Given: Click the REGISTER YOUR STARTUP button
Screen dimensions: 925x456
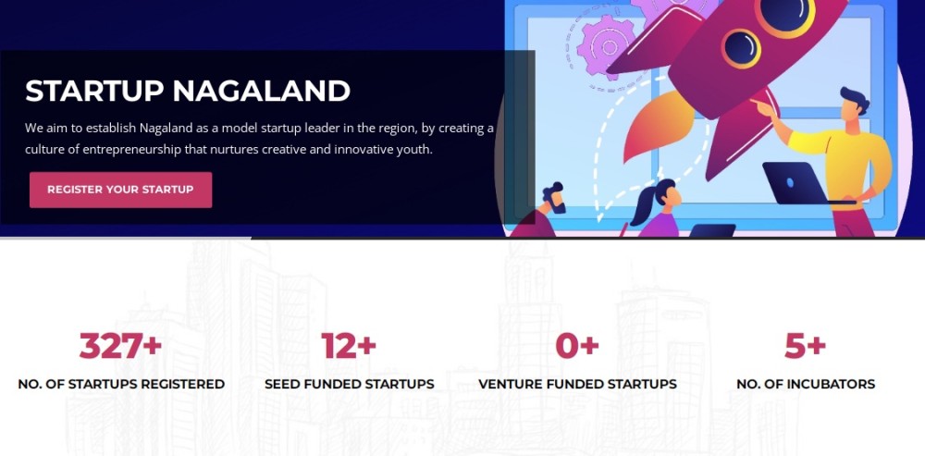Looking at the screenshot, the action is coord(120,190).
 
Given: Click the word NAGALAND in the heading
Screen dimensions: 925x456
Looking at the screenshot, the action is coord(262,91).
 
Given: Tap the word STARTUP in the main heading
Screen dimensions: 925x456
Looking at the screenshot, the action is coord(94,91).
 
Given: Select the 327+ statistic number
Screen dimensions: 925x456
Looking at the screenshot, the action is coord(120,346).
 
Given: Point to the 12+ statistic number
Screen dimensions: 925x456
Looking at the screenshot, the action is coord(349,346).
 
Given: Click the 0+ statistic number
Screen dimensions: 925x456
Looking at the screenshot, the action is coord(577,346).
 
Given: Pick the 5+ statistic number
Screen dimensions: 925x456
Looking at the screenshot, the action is coord(806,346).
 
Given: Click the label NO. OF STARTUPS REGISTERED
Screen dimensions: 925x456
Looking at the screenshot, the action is coord(121,384).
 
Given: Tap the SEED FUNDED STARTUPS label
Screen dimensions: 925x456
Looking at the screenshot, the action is coord(350,384).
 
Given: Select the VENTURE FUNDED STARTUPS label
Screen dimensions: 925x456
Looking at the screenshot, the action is coord(577,384).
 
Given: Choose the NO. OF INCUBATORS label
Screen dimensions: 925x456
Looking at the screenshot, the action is coord(806,384).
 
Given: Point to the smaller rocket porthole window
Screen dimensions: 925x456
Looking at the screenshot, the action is coord(741,48).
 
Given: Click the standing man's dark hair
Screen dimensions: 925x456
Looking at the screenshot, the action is coord(856,99).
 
